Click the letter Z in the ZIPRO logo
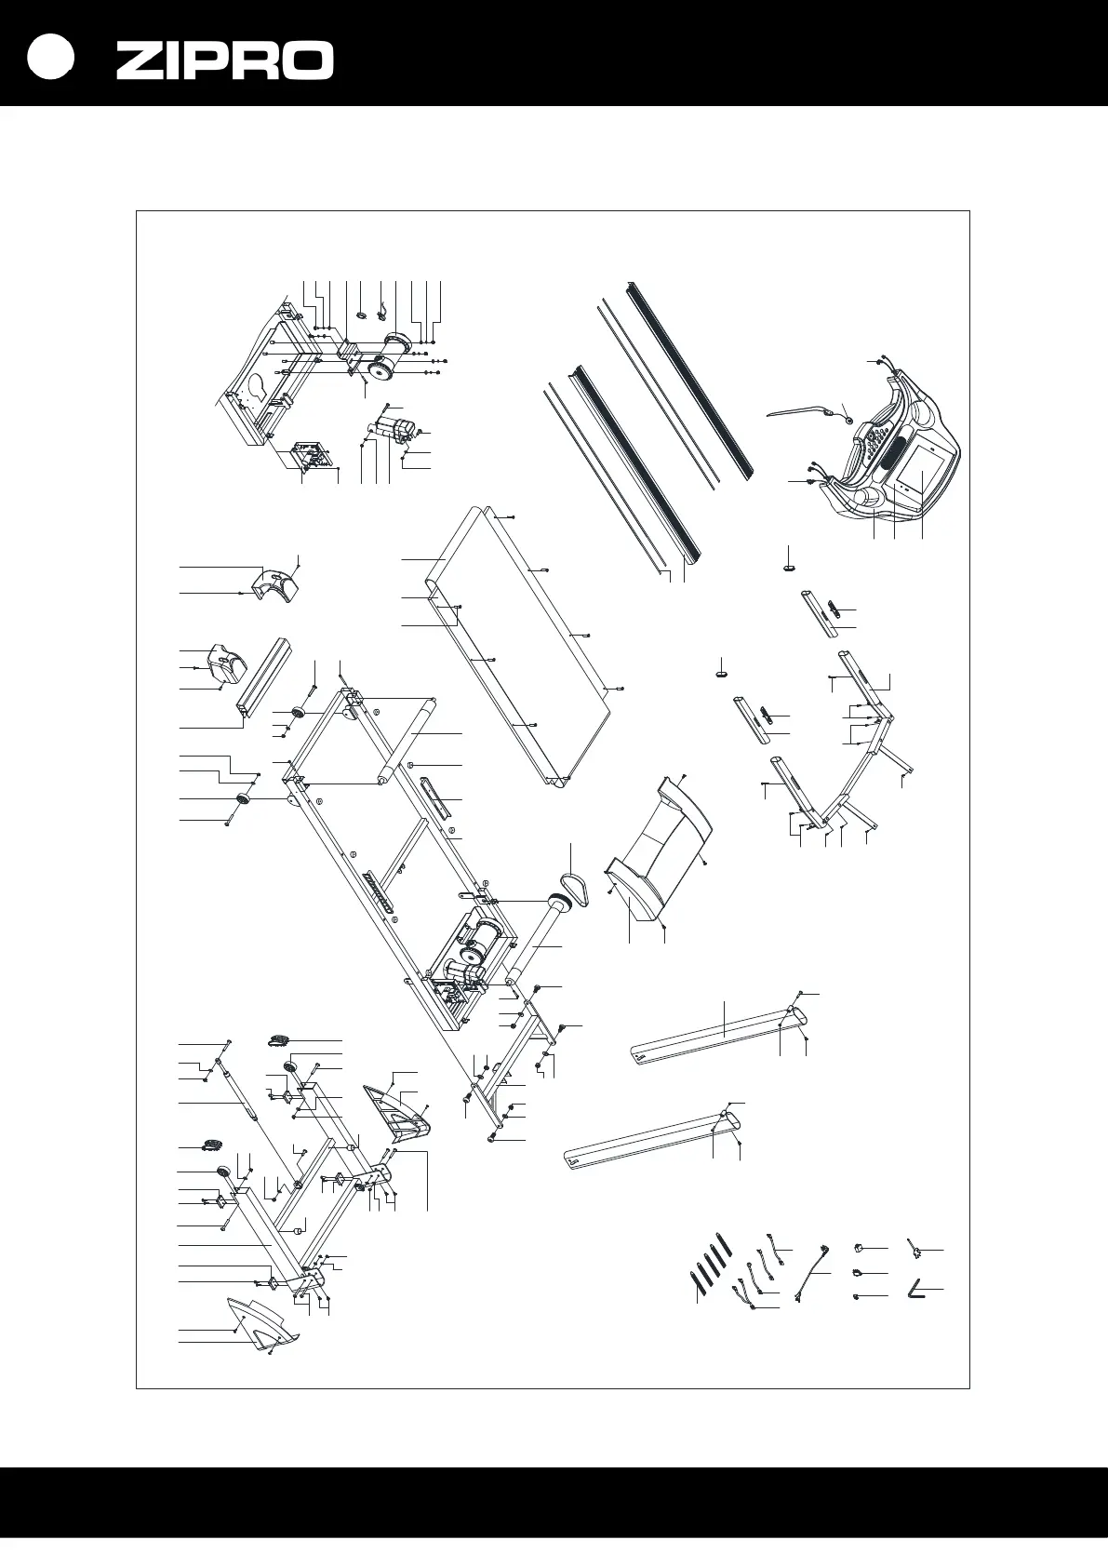pyautogui.click(x=140, y=61)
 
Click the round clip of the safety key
pyautogui.click(x=848, y=420)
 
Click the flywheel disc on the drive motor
pyautogui.click(x=380, y=368)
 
